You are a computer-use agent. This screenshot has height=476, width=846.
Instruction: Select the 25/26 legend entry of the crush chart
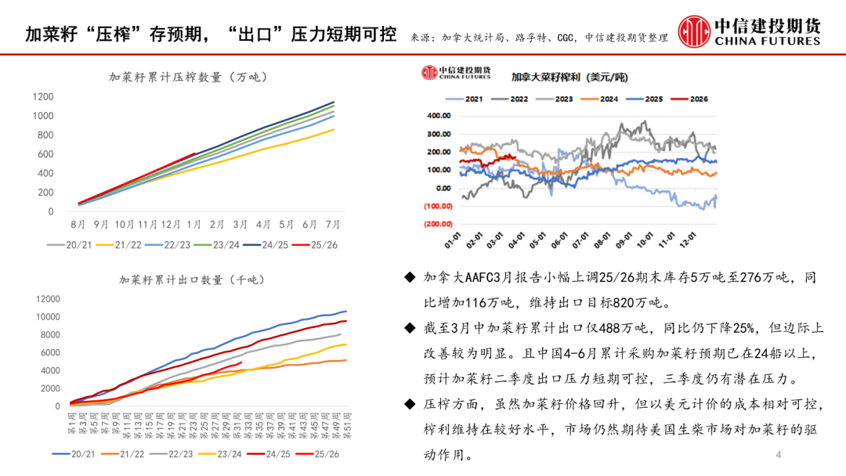coord(316,244)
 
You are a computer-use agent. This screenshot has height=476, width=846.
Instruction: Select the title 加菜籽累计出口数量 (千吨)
coord(193,279)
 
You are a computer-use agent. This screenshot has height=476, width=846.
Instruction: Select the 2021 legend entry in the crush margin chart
coord(473,99)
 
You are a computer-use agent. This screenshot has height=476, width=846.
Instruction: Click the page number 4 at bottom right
coord(778,456)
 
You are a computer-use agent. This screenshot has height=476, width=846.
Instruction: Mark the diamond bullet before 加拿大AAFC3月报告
coord(410,278)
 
